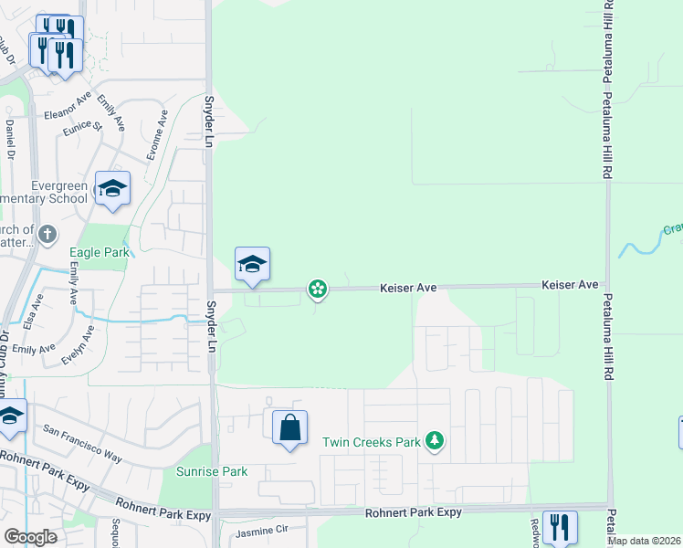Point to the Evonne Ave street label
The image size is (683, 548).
(x=156, y=131)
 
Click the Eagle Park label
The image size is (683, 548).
(x=100, y=253)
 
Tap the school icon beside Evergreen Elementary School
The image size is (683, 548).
(x=113, y=188)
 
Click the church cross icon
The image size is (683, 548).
(x=47, y=236)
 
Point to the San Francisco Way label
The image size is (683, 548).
(x=82, y=443)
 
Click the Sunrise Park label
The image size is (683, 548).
(x=212, y=472)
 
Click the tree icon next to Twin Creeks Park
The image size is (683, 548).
(x=435, y=442)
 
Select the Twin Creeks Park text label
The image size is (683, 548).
(x=371, y=442)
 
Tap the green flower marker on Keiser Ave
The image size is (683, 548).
(x=317, y=290)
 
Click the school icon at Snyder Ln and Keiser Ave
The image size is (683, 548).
(x=252, y=264)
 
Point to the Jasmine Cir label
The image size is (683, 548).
(x=262, y=530)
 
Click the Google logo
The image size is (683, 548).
(x=30, y=537)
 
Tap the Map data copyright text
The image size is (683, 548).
(x=645, y=541)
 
